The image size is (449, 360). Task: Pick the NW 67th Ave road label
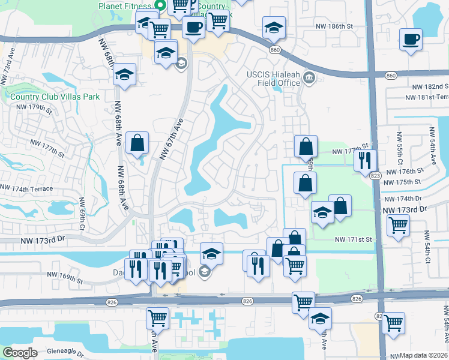coord(171,138)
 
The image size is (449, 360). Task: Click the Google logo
coord(20,352)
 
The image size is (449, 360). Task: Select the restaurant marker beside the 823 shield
coord(366,160)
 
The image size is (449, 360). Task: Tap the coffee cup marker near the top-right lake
coord(411,40)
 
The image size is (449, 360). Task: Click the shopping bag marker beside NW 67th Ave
coord(138,143)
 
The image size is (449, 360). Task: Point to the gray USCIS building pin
coord(309,77)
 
